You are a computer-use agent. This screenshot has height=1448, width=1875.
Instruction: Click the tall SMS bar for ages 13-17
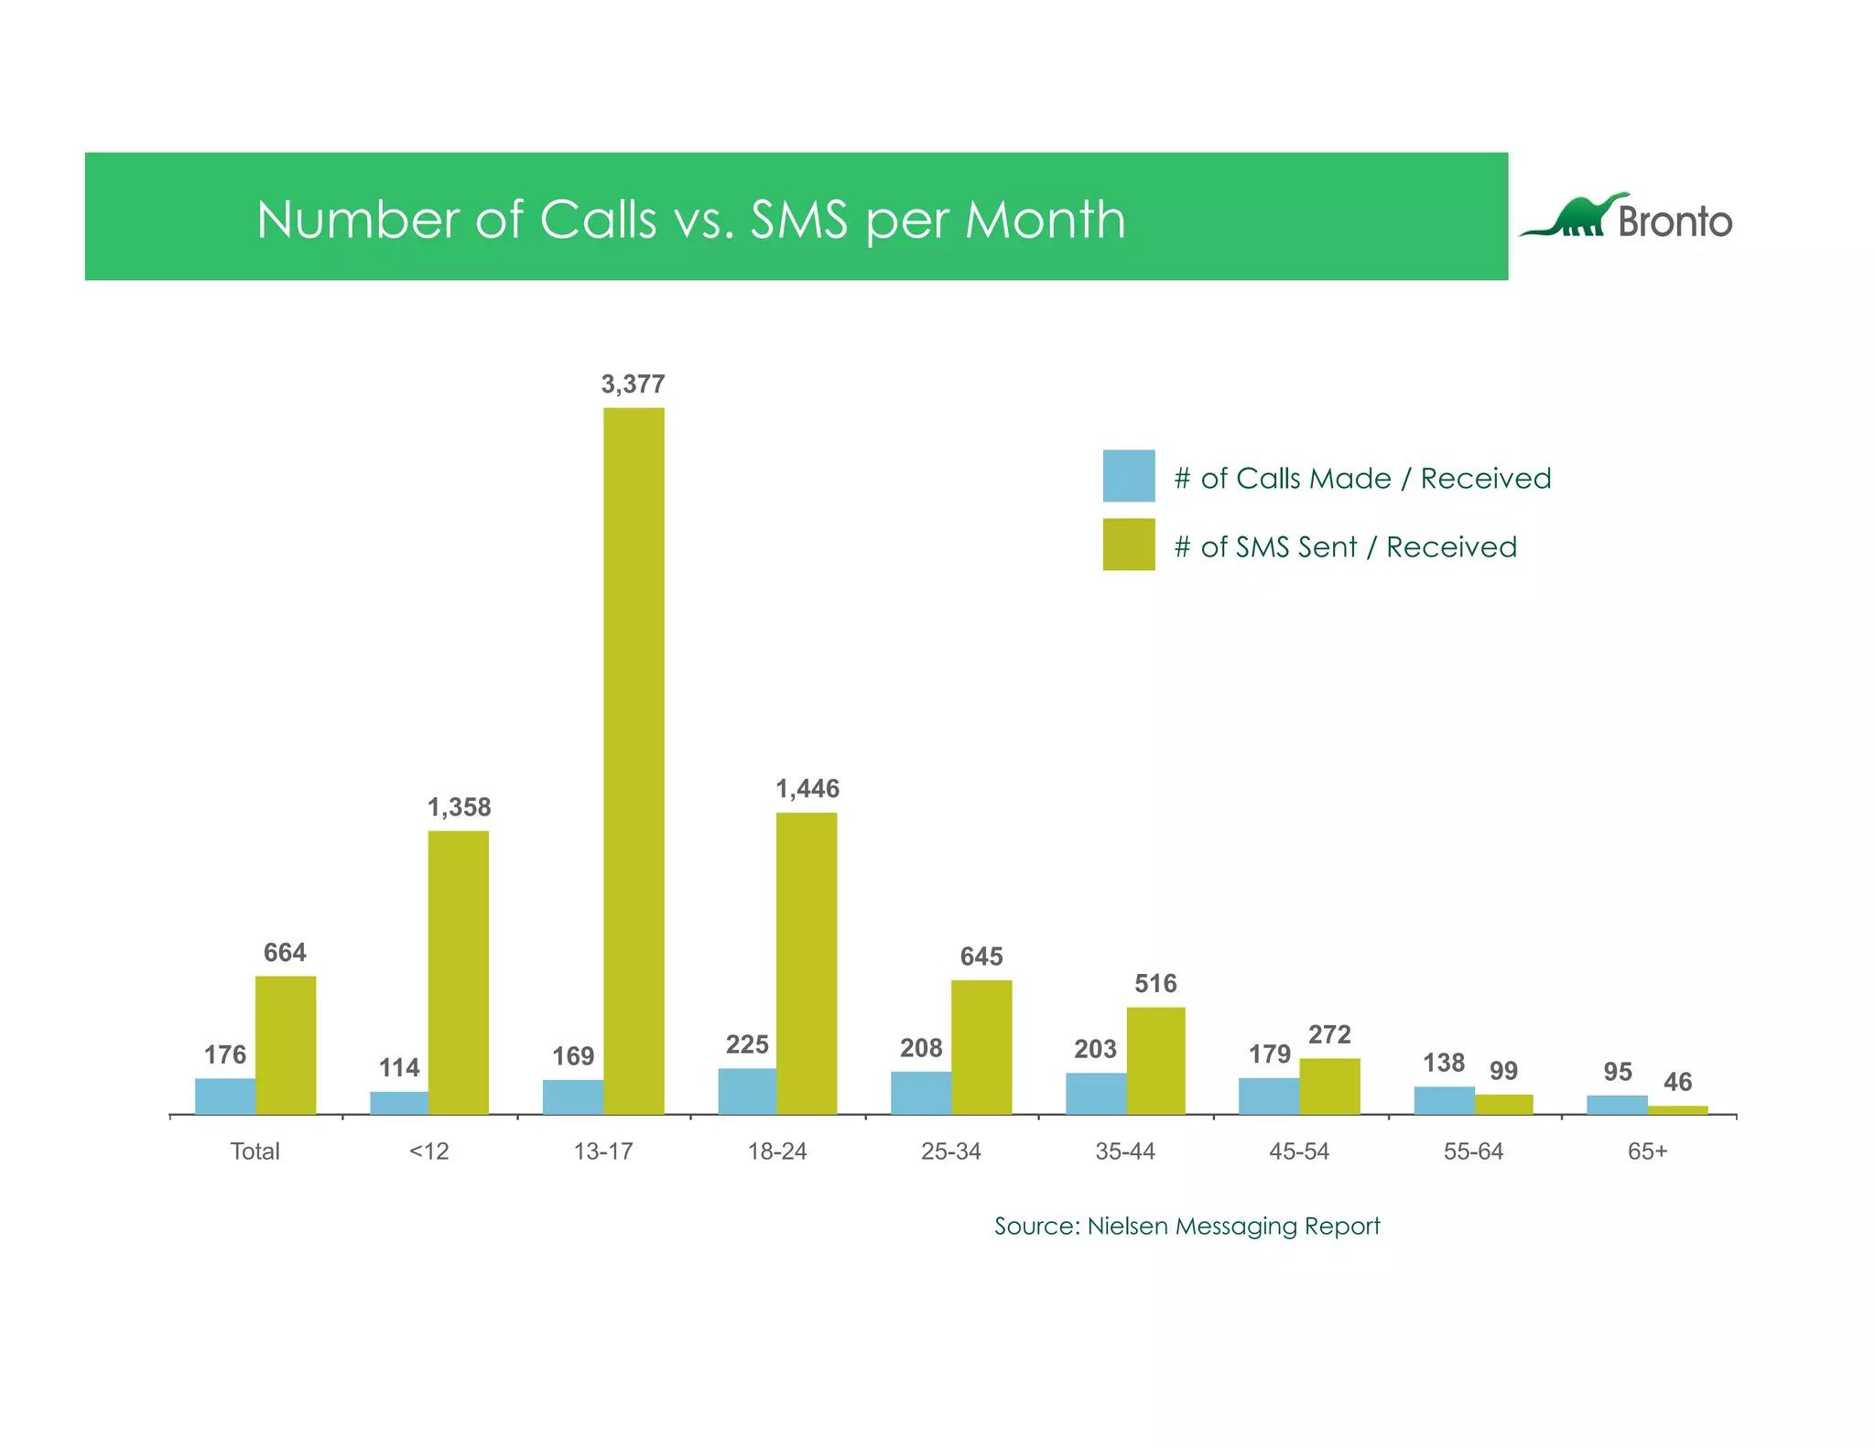click(634, 760)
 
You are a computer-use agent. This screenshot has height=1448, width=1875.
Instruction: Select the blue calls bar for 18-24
click(747, 1091)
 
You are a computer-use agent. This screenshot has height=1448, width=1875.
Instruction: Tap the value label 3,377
click(633, 384)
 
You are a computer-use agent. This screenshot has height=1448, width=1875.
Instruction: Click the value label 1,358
click(459, 807)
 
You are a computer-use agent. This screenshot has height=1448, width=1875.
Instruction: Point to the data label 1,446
click(807, 788)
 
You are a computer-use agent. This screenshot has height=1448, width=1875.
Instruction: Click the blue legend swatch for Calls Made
click(1128, 476)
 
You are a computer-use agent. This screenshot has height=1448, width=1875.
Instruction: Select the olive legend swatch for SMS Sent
click(1128, 545)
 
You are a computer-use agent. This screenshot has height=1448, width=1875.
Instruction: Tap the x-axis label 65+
click(1647, 1151)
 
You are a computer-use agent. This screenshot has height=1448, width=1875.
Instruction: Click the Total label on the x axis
click(255, 1151)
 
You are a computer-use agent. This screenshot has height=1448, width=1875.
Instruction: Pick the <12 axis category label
click(428, 1151)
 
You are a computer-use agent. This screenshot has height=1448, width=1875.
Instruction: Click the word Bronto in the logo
click(1674, 222)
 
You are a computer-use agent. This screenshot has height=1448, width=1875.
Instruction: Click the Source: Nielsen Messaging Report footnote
click(1187, 1226)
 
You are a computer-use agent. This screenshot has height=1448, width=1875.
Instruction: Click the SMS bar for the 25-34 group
click(981, 1047)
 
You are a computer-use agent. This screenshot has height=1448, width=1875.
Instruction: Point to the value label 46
click(1677, 1082)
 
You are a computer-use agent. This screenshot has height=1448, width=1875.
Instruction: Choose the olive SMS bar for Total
click(286, 1045)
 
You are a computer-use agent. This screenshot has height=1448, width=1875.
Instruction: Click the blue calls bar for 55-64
click(1444, 1100)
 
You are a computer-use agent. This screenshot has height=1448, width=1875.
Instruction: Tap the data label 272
click(1329, 1034)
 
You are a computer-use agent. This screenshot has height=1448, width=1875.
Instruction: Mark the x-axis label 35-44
click(1125, 1151)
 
